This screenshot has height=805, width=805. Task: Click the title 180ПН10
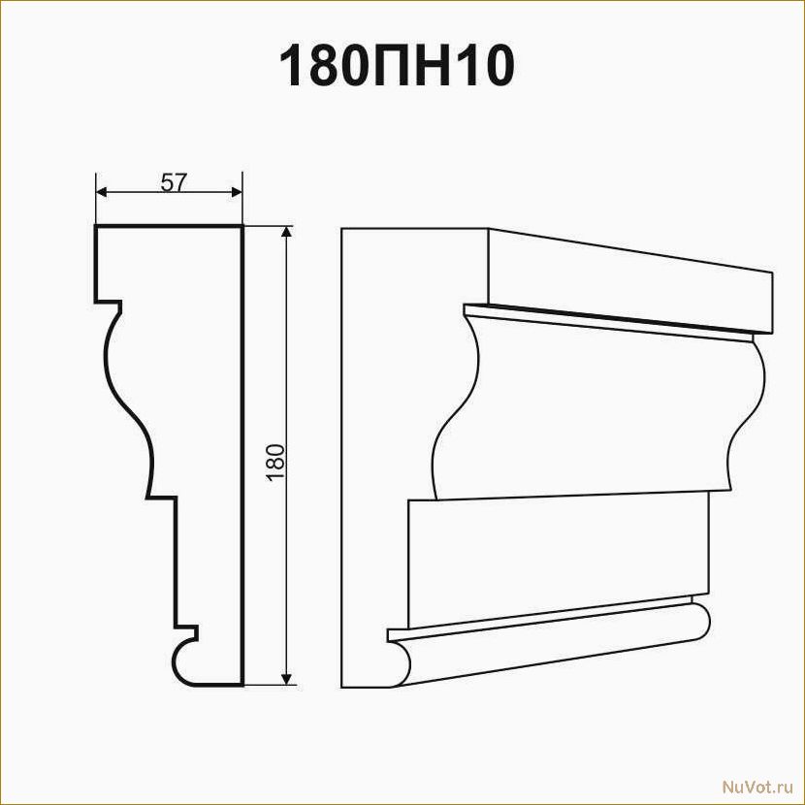[x=397, y=66]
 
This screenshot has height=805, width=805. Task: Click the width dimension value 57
[x=173, y=182]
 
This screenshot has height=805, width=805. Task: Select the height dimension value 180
[x=275, y=462]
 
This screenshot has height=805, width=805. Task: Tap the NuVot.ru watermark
[x=757, y=787]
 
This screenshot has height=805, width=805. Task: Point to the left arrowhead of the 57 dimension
[x=102, y=192]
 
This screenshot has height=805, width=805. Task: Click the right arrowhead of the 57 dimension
[x=236, y=192]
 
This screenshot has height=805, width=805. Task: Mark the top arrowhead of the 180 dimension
[x=287, y=232]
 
